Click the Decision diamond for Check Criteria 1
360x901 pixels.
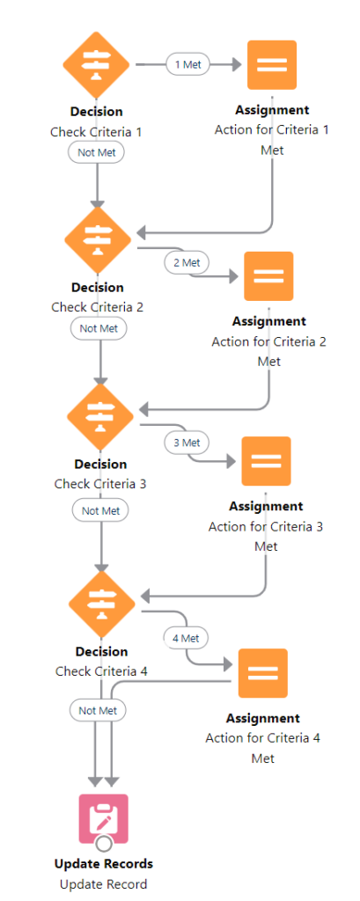(97, 64)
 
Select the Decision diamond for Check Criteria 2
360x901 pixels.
(98, 241)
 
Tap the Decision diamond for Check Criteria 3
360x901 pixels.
(100, 417)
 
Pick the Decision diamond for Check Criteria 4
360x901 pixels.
(102, 604)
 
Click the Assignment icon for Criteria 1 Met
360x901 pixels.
(272, 65)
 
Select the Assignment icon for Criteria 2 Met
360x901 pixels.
(268, 275)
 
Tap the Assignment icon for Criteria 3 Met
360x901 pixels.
(267, 461)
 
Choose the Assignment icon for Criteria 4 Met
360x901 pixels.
(263, 673)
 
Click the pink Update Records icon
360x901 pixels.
(104, 818)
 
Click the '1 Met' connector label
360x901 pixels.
(188, 64)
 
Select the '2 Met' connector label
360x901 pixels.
(187, 262)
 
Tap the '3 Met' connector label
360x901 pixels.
(187, 443)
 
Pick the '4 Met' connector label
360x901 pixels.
(186, 638)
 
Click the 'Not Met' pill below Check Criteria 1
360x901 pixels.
(97, 152)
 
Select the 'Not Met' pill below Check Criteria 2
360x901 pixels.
(99, 329)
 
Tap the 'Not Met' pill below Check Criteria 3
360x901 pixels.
(100, 510)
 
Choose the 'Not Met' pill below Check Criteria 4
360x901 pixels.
(98, 710)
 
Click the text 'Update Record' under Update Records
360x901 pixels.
(104, 883)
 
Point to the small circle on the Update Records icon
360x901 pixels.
(104, 844)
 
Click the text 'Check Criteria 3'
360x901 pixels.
(100, 484)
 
